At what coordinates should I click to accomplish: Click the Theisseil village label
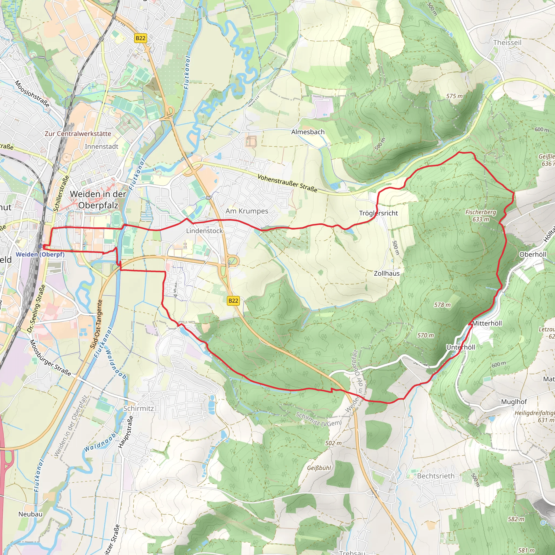[x=507, y=43]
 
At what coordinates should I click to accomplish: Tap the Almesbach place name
[x=308, y=132]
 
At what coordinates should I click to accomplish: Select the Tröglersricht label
[x=378, y=213]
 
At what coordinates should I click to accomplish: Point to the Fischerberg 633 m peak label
[x=480, y=215]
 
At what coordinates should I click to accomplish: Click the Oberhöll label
[x=533, y=254]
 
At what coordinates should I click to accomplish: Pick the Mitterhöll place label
[x=487, y=323]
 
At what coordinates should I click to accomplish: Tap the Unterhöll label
[x=460, y=347]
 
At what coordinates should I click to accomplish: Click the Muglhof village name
[x=514, y=402]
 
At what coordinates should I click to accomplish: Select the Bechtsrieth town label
[x=435, y=476]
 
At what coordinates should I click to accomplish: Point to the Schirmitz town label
[x=138, y=408]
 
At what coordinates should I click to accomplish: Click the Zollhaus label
[x=386, y=273]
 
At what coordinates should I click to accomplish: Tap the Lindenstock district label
[x=204, y=231]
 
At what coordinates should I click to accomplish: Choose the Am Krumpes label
[x=247, y=211]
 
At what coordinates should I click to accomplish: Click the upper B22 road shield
[x=140, y=38]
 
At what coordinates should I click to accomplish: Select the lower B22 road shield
[x=233, y=301]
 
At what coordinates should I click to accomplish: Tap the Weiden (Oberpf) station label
[x=40, y=254]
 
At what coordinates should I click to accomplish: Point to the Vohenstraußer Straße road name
[x=287, y=183]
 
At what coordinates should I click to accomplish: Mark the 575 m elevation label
[x=454, y=96]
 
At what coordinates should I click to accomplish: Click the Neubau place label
[x=30, y=514]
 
